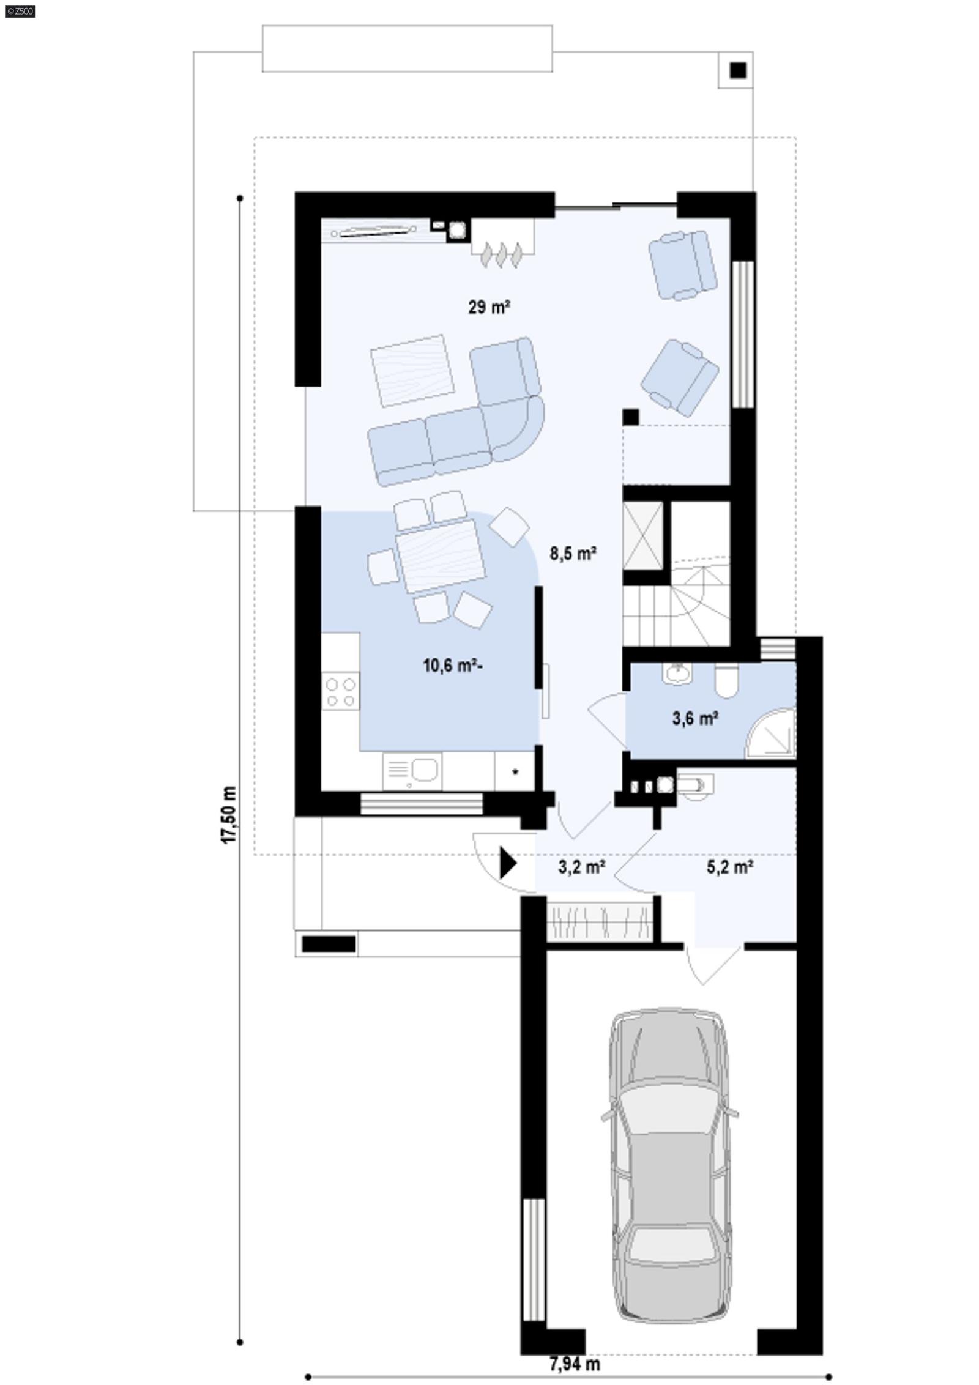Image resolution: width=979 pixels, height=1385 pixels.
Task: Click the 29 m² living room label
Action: tap(489, 307)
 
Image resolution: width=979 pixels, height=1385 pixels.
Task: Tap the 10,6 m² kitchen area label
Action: tap(452, 665)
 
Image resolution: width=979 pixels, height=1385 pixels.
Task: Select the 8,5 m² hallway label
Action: tap(573, 554)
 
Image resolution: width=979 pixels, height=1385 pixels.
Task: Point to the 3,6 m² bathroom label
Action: tap(694, 718)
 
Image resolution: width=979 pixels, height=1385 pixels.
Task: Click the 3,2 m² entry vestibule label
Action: tap(581, 867)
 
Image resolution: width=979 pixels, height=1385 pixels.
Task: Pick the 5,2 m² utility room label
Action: tap(729, 867)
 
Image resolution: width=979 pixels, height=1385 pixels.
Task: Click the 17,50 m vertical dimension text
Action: tap(229, 815)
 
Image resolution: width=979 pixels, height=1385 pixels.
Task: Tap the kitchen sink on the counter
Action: tap(423, 770)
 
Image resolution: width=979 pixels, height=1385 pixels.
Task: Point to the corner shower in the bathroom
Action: tap(772, 735)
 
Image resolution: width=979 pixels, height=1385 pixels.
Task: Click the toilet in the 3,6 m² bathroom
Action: tap(726, 682)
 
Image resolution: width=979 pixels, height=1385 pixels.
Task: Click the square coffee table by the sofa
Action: tap(412, 371)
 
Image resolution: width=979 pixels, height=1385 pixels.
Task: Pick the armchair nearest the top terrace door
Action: tap(682, 264)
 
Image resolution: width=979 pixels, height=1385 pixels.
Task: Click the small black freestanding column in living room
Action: tap(630, 417)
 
